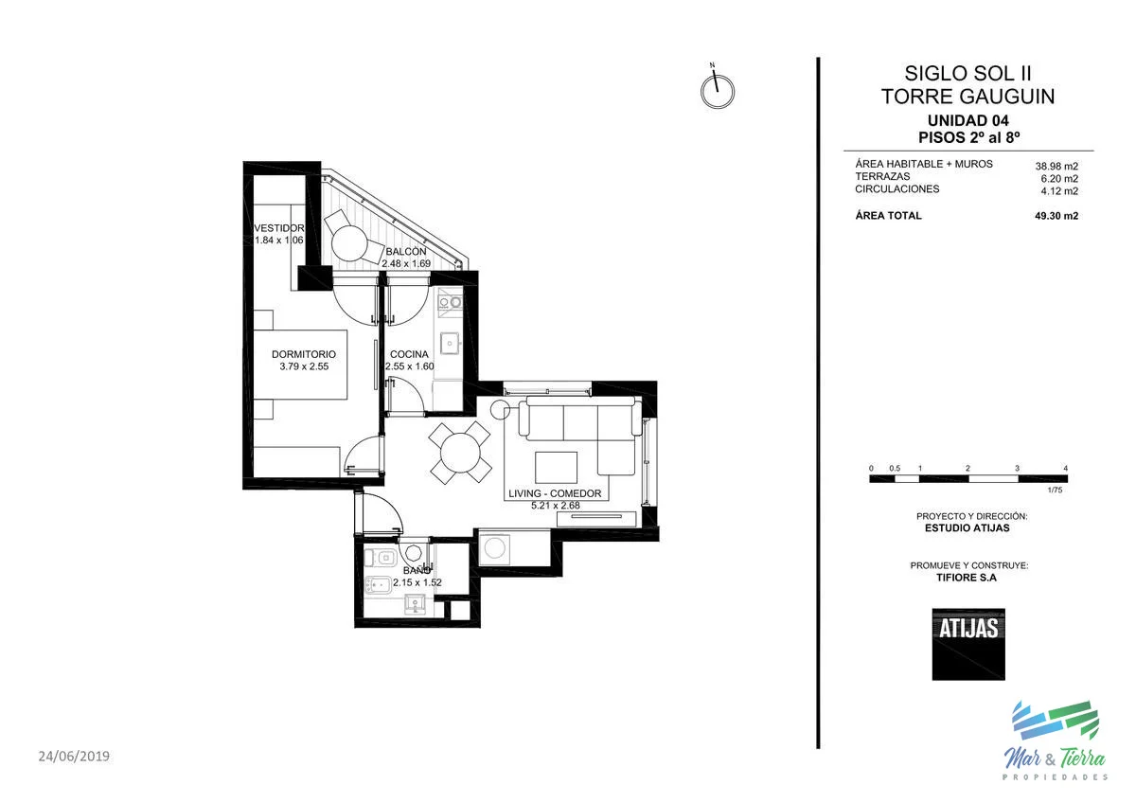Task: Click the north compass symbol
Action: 718,90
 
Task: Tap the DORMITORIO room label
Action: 304,354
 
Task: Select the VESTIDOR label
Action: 279,228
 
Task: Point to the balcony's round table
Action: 349,243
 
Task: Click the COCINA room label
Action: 409,354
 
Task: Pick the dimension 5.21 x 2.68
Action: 556,506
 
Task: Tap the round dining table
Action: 460,453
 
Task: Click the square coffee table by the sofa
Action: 556,467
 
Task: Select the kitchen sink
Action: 450,344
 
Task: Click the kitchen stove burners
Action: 451,302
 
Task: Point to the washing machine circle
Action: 494,548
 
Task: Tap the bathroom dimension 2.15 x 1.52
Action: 417,582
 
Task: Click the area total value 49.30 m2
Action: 1056,216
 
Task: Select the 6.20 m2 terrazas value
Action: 1059,179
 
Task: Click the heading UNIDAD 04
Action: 968,120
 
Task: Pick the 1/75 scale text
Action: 1055,490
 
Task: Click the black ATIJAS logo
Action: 968,644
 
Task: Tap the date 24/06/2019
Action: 74,757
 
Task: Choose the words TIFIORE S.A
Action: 967,578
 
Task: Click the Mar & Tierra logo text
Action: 1055,758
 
